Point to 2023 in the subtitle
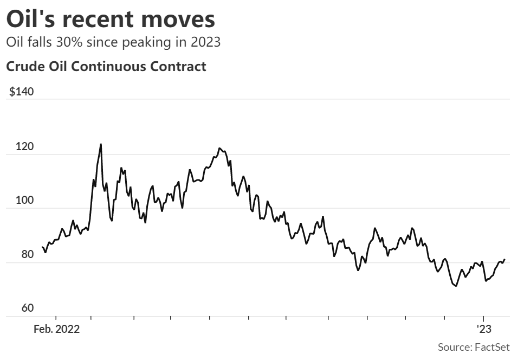point(206,42)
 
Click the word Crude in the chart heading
point(23,67)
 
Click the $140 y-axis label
point(22,91)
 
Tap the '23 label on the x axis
point(483,329)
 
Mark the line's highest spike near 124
point(101,144)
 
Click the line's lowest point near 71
point(456,286)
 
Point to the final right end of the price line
point(504,259)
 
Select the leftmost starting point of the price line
point(42,247)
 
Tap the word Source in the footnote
point(453,346)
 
